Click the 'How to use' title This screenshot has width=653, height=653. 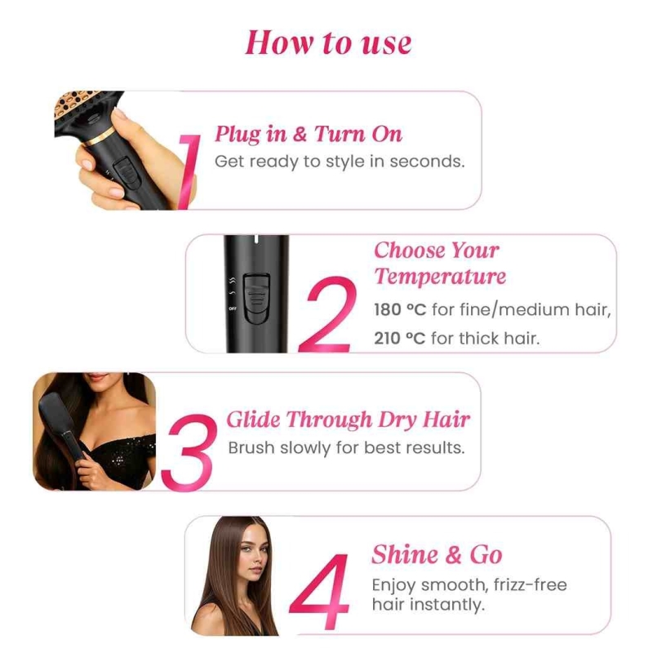click(x=328, y=42)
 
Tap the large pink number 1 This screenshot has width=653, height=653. click(x=189, y=171)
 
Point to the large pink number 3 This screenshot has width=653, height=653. click(x=189, y=452)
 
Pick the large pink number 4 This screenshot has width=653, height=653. click(x=320, y=591)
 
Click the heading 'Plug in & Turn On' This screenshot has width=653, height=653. click(x=309, y=134)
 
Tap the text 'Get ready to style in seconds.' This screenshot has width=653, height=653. click(x=340, y=162)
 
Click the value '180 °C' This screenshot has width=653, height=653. click(x=400, y=310)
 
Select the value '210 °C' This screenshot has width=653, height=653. click(x=399, y=339)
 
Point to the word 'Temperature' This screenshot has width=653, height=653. click(x=440, y=277)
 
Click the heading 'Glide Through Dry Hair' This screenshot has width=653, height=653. click(x=349, y=420)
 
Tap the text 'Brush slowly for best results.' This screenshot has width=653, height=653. click(x=346, y=448)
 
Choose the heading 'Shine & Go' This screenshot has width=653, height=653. click(x=437, y=555)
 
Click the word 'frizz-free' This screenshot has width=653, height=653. click(x=530, y=584)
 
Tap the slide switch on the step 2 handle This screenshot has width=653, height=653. click(x=256, y=298)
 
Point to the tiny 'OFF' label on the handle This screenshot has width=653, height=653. click(x=233, y=309)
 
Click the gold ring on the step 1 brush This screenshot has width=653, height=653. click(x=99, y=137)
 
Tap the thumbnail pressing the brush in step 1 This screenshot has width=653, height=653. click(x=120, y=114)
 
